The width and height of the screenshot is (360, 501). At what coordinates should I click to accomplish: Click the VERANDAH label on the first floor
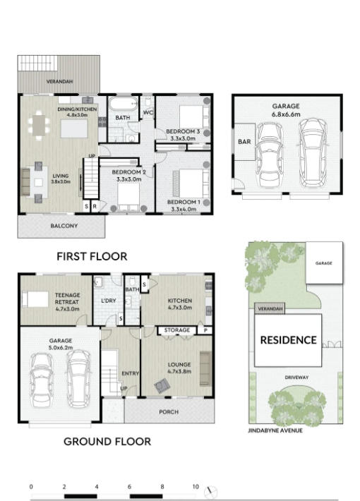click(x=59, y=81)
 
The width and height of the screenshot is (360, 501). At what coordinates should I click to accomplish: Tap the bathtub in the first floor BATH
click(x=123, y=104)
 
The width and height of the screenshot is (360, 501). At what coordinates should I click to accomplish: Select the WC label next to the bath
click(x=148, y=112)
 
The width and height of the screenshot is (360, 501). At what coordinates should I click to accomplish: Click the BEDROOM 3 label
click(x=183, y=131)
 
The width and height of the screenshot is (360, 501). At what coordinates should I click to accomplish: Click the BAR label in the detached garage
click(x=244, y=142)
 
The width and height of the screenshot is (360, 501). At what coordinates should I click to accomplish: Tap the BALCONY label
click(x=64, y=226)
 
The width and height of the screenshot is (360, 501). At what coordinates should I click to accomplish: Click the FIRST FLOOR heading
click(x=92, y=256)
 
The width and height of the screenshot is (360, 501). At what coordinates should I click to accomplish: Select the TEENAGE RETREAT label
click(x=68, y=298)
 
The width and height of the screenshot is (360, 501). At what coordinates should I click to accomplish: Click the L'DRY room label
click(x=109, y=301)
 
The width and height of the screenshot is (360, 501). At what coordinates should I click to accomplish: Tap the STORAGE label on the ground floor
click(x=177, y=330)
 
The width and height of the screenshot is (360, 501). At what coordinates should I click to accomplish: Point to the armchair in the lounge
click(x=162, y=386)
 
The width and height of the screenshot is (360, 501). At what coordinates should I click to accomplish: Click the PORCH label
click(x=169, y=412)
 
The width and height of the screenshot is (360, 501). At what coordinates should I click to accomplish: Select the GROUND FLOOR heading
click(x=107, y=442)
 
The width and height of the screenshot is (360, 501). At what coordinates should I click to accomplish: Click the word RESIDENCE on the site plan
click(x=289, y=340)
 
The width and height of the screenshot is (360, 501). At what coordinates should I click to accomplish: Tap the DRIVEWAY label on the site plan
click(x=296, y=378)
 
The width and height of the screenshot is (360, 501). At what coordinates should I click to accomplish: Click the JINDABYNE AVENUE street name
click(x=275, y=430)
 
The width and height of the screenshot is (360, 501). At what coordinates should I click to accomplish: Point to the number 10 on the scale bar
click(x=196, y=487)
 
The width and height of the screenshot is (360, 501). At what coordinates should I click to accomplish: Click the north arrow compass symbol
click(x=210, y=492)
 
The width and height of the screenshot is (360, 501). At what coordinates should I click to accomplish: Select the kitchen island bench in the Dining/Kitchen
click(x=74, y=128)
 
